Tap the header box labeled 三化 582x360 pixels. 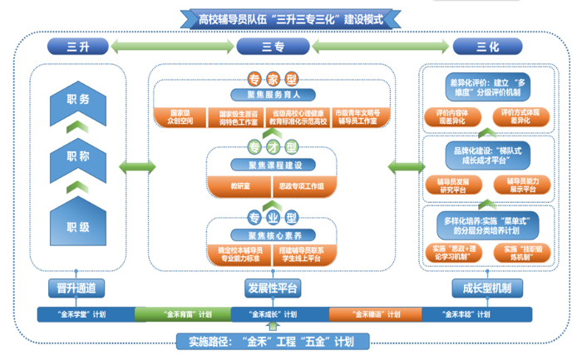coord(486,47)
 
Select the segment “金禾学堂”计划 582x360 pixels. coord(86,315)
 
